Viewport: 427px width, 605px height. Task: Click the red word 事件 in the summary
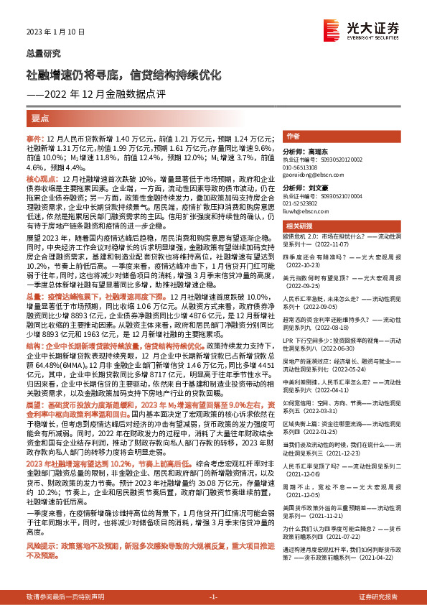(x=34, y=137)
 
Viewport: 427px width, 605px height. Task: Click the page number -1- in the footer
(x=213, y=598)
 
